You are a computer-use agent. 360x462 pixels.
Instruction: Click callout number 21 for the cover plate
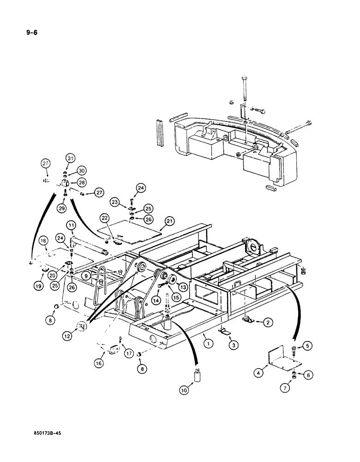tap(169, 222)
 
